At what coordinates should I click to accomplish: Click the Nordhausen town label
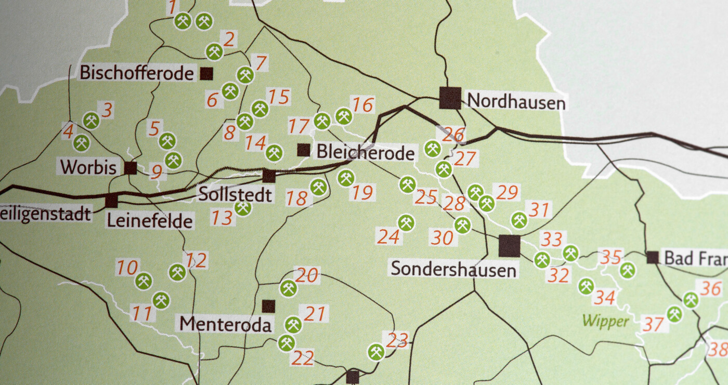(516, 102)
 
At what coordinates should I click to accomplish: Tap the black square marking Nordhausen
(450, 98)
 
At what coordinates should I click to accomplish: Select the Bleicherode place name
(366, 152)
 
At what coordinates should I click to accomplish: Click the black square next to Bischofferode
(206, 74)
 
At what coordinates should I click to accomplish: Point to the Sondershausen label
(453, 269)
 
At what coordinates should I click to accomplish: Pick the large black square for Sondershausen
(509, 246)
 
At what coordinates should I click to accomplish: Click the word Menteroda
(226, 325)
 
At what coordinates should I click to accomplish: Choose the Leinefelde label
(149, 221)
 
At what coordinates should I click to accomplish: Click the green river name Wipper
(605, 321)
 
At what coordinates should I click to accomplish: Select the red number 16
(363, 105)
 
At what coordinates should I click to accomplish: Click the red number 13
(222, 218)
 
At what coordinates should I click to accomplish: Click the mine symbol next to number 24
(406, 223)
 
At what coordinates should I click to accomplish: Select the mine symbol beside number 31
(519, 220)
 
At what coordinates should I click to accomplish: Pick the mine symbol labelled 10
(144, 281)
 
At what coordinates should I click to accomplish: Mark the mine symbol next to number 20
(288, 288)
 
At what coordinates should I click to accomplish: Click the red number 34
(605, 298)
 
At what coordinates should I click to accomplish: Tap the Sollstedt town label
(235, 195)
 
